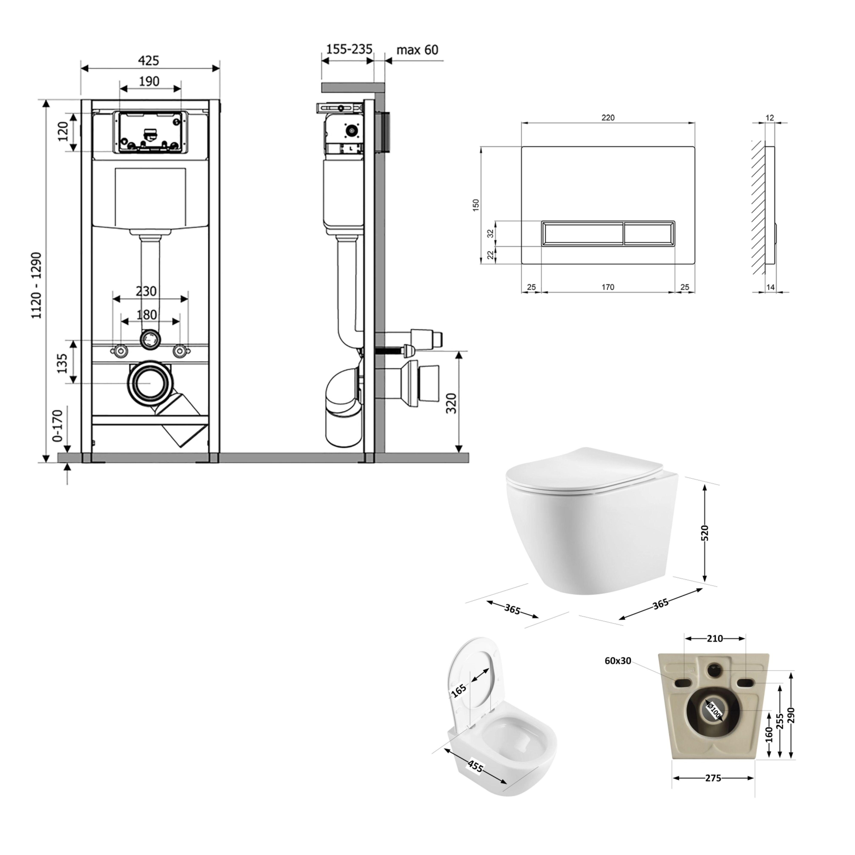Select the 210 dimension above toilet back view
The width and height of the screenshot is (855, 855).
(x=715, y=639)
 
